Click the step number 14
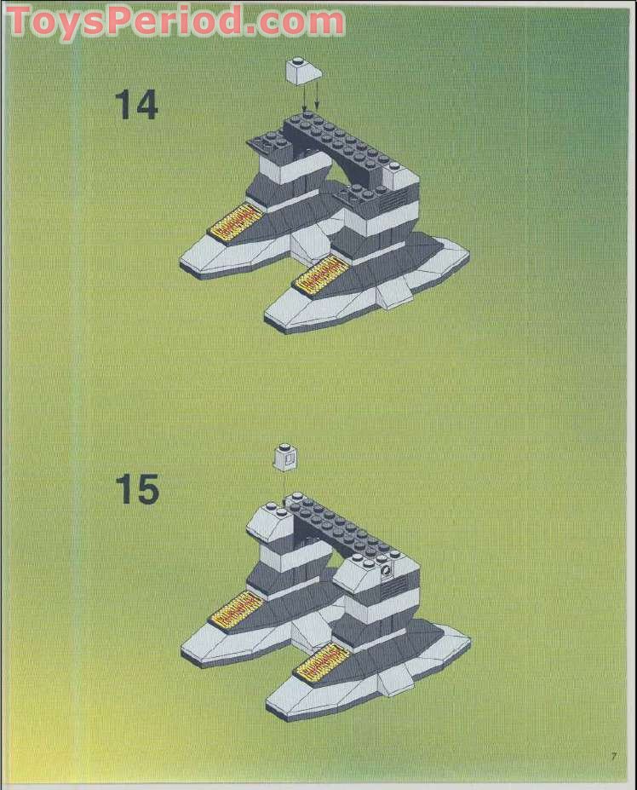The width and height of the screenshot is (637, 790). point(136,105)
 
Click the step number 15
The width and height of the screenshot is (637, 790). point(136,490)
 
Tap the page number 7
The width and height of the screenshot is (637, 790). point(612,755)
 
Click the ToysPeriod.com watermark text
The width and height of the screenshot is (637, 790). point(175,20)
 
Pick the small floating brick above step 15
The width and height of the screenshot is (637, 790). point(284,458)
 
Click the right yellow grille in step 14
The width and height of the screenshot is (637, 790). point(316,275)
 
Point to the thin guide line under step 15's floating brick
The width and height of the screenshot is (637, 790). point(284,482)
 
